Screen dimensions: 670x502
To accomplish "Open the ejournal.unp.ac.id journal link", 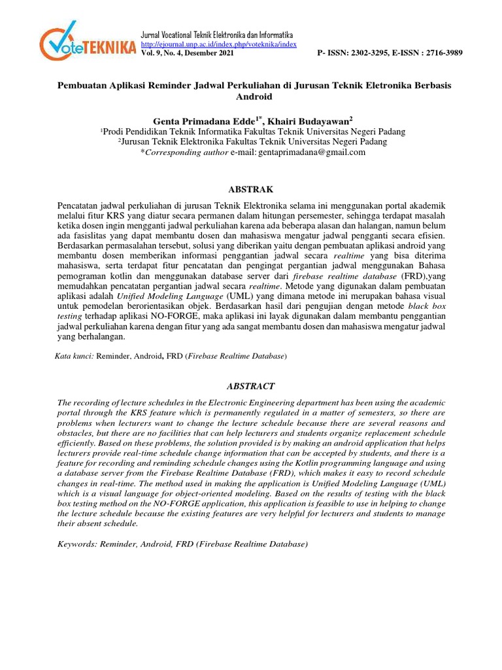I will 219,44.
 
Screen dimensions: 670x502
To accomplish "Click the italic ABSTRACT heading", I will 250,386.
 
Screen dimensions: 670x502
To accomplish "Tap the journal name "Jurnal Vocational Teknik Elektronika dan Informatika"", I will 217,34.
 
